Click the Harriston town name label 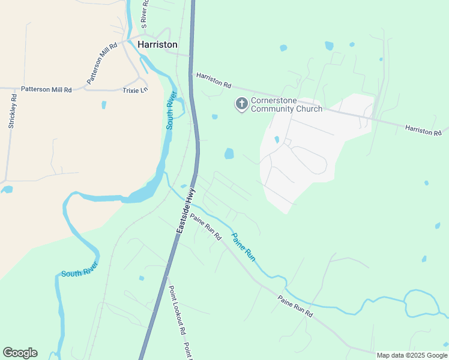[x=157, y=44]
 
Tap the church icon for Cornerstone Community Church [x=241, y=104]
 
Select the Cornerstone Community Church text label [x=286, y=104]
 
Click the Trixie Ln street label [x=134, y=90]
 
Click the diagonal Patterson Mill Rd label [x=102, y=63]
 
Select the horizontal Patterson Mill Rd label [x=46, y=89]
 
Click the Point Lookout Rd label [x=176, y=310]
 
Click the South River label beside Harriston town [x=170, y=110]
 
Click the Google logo [x=20, y=353]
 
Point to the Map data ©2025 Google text [x=412, y=355]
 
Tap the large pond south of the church [x=229, y=154]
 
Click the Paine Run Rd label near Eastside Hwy [x=206, y=227]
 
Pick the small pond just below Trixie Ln [x=104, y=105]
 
